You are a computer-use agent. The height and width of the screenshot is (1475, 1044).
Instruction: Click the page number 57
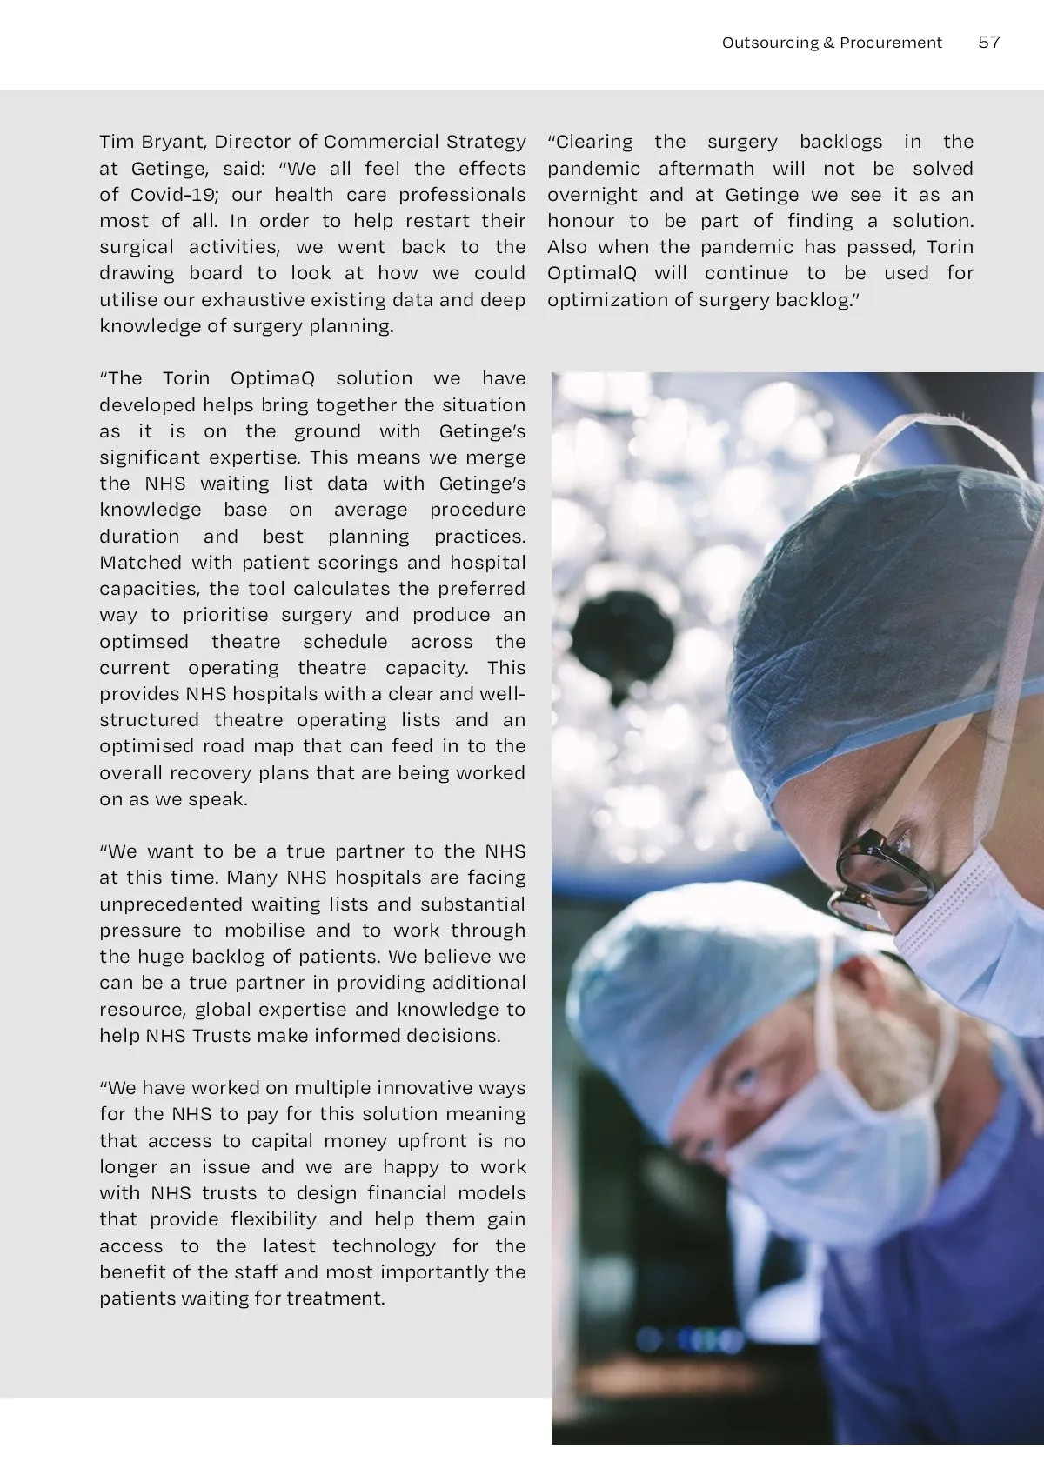989,43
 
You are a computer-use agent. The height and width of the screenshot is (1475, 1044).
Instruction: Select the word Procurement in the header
890,43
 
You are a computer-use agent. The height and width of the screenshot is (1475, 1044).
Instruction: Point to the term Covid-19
173,195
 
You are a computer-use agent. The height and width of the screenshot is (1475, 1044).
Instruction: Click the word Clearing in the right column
594,142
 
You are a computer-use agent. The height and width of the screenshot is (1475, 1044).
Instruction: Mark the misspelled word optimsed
144,642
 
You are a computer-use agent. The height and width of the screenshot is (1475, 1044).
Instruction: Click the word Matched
140,563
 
